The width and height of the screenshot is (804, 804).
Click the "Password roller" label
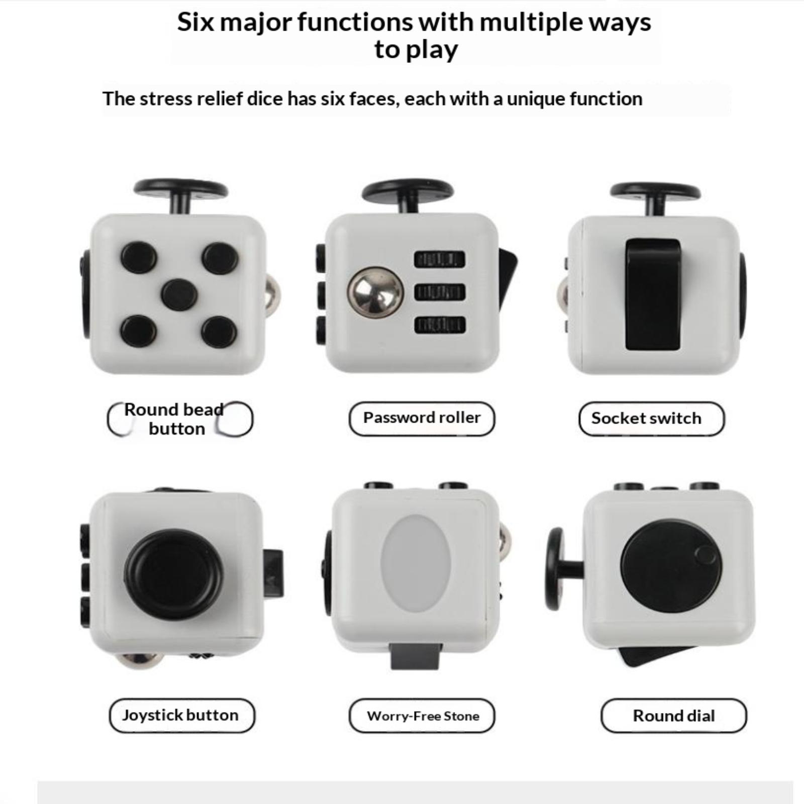tap(422, 418)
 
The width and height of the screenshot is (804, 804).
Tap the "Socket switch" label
tap(651, 418)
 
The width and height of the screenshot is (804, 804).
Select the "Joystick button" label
tap(181, 715)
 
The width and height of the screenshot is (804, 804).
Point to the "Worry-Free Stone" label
tap(422, 716)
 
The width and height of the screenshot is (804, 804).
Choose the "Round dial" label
tap(674, 716)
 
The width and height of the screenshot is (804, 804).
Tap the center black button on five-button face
tap(179, 294)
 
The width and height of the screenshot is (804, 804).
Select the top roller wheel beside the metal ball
tap(440, 259)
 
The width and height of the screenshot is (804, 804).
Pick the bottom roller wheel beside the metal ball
tap(440, 325)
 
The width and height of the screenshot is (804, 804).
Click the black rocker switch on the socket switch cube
tap(653, 294)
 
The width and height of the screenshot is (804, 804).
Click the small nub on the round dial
tap(706, 555)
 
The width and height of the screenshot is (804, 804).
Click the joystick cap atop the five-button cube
tap(181, 189)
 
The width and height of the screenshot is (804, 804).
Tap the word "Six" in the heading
tap(195, 23)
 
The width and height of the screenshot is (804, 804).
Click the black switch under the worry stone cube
tap(417, 656)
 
